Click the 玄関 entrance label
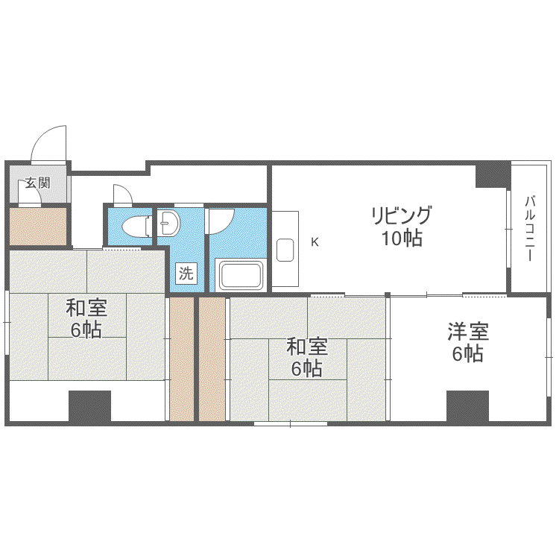click(x=37, y=183)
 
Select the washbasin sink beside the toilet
click(x=168, y=223)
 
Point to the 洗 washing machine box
click(x=186, y=274)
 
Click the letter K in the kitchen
click(x=315, y=242)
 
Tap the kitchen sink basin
click(x=285, y=250)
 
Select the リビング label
click(x=402, y=215)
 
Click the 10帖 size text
click(x=402, y=239)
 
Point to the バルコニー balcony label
click(x=529, y=229)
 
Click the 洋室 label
click(x=468, y=332)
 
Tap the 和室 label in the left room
click(x=86, y=308)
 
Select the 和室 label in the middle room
click(x=307, y=347)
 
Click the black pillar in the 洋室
click(x=467, y=406)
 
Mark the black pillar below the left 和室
click(x=90, y=406)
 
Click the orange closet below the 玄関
click(x=38, y=227)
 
